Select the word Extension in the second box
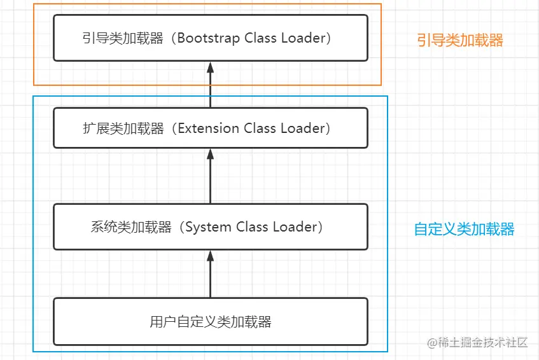click(209, 128)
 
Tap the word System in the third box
click(209, 227)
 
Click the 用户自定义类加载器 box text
click(211, 322)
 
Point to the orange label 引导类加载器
click(460, 41)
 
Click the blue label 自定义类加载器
click(464, 230)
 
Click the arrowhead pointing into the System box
click(211, 256)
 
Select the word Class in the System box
click(253, 227)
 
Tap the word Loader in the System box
click(295, 227)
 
